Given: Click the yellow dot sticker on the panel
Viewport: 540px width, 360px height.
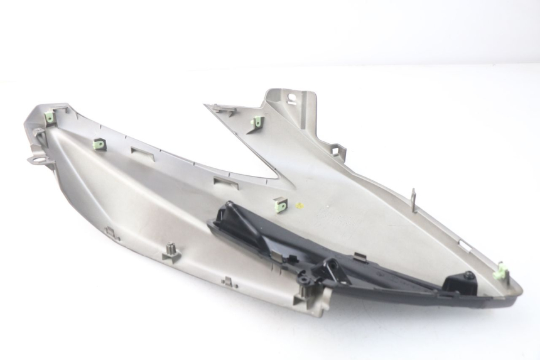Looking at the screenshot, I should pos(300,205).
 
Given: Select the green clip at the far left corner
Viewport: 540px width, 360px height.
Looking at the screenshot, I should pos(50,116).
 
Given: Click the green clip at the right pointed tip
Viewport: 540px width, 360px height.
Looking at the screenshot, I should pos(500,273).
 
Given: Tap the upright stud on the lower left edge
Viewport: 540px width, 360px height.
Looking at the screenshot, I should pos(170,253).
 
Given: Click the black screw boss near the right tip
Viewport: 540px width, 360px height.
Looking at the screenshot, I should pos(468,276).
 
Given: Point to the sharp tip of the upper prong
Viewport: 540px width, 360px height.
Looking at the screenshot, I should pos(207,106).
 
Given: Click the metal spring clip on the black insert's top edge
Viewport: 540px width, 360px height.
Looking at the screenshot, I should pos(359,256).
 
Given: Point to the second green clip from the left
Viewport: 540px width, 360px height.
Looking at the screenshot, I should pos(100,144).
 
